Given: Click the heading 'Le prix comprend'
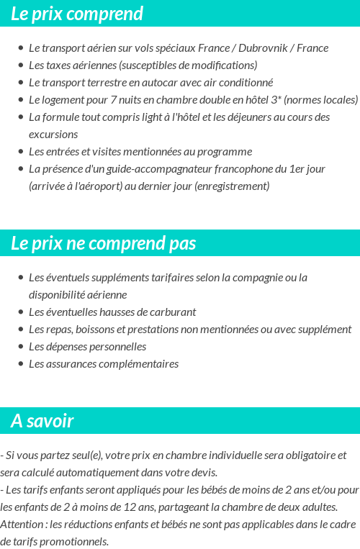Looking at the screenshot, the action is pos(77,14).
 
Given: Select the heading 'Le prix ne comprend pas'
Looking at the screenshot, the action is pos(104,243).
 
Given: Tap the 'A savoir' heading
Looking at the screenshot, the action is pos(42,421).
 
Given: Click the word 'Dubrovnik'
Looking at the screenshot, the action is pos(261,48).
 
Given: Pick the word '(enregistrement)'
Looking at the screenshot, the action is pos(232,186).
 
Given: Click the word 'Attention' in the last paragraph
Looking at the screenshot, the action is pos(21,525).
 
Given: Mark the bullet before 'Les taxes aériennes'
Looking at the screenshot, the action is pos(20,65).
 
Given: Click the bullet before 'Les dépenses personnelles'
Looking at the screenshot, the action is pos(20,347).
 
